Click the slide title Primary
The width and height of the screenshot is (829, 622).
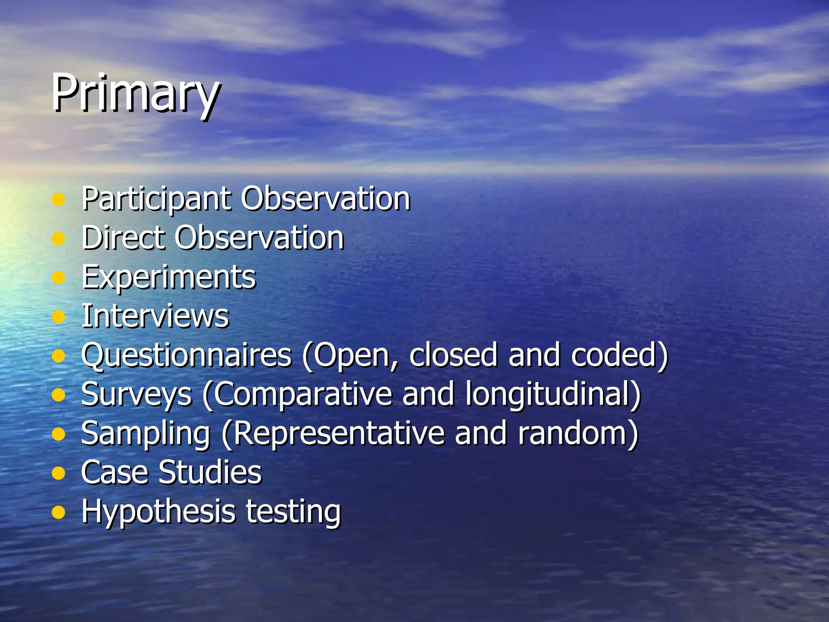[x=136, y=93]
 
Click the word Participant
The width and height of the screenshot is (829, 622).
[x=156, y=199]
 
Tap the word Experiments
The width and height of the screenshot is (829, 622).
[x=168, y=277]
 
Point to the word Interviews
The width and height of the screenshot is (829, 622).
[x=155, y=315]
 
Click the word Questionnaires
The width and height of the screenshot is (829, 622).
[x=186, y=355]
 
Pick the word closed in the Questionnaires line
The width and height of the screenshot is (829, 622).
[x=453, y=355]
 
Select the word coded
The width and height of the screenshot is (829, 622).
[x=619, y=355]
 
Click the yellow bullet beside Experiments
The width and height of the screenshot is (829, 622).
[x=59, y=277]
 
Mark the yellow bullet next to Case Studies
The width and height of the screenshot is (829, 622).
[x=59, y=473]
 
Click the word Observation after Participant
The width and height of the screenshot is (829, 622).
[x=326, y=199]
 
